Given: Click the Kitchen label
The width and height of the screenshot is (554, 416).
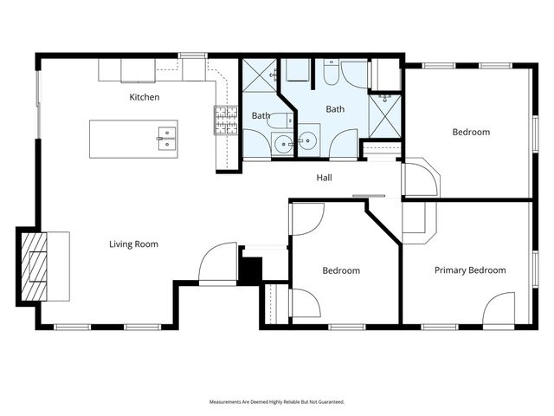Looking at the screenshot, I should [x=145, y=97].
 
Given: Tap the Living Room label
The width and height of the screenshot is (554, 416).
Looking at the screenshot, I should [x=133, y=244].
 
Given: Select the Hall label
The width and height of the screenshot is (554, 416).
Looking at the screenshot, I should [x=325, y=179].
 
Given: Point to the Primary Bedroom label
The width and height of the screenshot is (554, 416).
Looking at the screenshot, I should [x=470, y=270].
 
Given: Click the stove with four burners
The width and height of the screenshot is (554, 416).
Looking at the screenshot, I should [x=226, y=120].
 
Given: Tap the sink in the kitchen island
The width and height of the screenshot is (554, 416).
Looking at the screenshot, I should [x=166, y=137].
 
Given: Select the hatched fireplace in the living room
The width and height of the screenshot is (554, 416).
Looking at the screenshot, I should [x=33, y=265].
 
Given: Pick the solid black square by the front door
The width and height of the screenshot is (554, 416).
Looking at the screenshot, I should [x=250, y=270].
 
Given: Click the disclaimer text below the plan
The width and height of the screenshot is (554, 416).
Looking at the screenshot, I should [x=277, y=402].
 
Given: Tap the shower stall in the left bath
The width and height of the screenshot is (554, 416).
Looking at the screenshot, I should [x=258, y=78].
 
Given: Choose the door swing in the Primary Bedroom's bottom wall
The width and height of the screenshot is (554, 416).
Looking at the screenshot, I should [x=499, y=310].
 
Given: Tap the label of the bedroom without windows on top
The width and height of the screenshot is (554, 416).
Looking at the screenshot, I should [x=341, y=271].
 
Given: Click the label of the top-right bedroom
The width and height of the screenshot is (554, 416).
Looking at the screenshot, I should [x=471, y=133].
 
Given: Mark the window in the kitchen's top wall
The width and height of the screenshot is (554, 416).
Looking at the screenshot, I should [x=192, y=56].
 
